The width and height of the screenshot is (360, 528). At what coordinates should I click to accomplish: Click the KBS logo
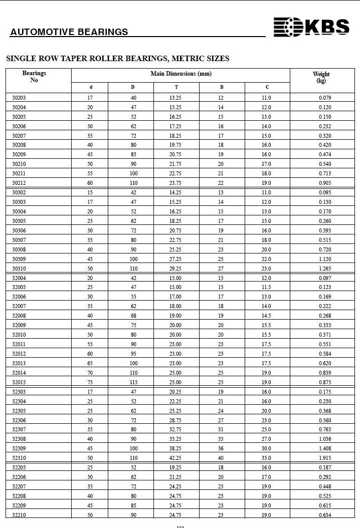click(311, 27)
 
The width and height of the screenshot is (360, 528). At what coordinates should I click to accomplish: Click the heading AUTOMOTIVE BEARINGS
click(69, 32)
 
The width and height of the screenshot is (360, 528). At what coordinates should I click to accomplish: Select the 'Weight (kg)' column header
click(321, 77)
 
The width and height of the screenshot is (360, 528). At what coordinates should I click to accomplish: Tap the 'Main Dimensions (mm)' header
click(181, 74)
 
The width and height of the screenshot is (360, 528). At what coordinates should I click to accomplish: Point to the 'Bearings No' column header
click(34, 76)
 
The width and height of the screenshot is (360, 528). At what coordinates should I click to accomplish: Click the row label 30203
click(19, 98)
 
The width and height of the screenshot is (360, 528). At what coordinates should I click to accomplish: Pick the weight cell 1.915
click(325, 458)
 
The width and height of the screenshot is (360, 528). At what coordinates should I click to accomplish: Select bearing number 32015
click(19, 382)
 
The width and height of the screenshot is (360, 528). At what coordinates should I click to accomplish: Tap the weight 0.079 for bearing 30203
click(325, 98)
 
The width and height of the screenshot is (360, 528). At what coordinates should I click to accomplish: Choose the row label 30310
click(19, 269)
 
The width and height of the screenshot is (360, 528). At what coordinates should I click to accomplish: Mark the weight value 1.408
click(325, 448)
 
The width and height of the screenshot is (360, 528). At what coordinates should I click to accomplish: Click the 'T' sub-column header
click(176, 87)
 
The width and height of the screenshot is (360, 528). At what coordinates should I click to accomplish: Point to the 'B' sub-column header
click(222, 87)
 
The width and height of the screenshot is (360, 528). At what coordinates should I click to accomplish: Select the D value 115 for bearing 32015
click(133, 382)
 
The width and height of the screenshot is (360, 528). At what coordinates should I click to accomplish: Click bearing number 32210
click(19, 514)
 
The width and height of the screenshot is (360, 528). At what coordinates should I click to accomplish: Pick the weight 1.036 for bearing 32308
click(325, 439)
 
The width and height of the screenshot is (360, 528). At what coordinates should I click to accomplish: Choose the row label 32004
click(19, 278)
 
